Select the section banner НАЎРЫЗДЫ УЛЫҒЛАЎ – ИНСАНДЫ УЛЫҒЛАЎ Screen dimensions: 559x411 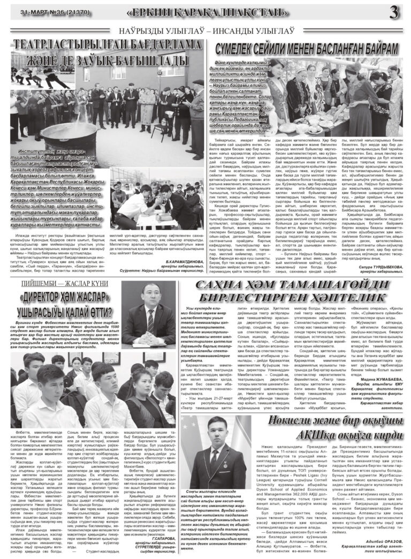click(x=205, y=32)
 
